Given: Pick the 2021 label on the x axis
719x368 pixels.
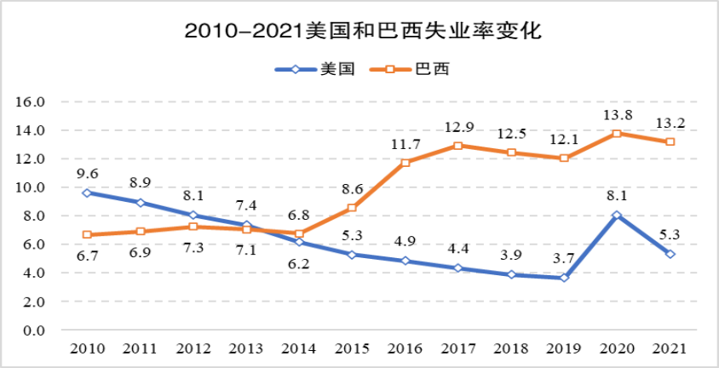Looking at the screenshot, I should [670, 349].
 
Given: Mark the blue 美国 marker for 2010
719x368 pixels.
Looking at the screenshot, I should [88, 193].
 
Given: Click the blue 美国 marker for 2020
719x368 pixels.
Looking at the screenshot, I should [617, 215].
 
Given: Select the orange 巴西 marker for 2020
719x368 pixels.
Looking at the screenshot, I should [617, 134].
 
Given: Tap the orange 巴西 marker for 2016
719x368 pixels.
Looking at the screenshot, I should [406, 163].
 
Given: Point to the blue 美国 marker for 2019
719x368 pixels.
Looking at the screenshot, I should [564, 278].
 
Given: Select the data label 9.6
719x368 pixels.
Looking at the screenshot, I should [88, 173].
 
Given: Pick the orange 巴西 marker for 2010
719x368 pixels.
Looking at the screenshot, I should [88, 234].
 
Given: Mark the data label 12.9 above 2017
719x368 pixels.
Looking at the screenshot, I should [459, 127].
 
